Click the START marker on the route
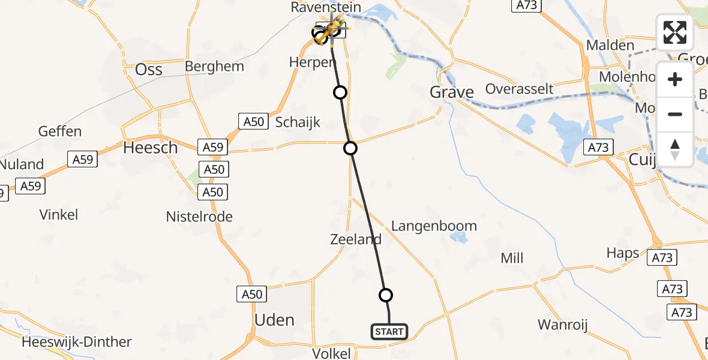[389, 331]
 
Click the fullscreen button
[675, 32]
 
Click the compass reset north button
[675, 149]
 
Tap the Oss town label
[149, 70]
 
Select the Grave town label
[452, 92]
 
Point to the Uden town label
[274, 320]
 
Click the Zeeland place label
[356, 239]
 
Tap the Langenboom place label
[434, 226]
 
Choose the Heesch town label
[150, 148]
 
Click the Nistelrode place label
[199, 217]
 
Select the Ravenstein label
[326, 8]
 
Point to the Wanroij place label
[562, 325]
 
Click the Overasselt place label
[519, 89]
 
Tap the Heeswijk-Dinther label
[76, 343]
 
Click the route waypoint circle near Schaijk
[350, 148]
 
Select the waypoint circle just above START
[386, 295]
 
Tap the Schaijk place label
[298, 122]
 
